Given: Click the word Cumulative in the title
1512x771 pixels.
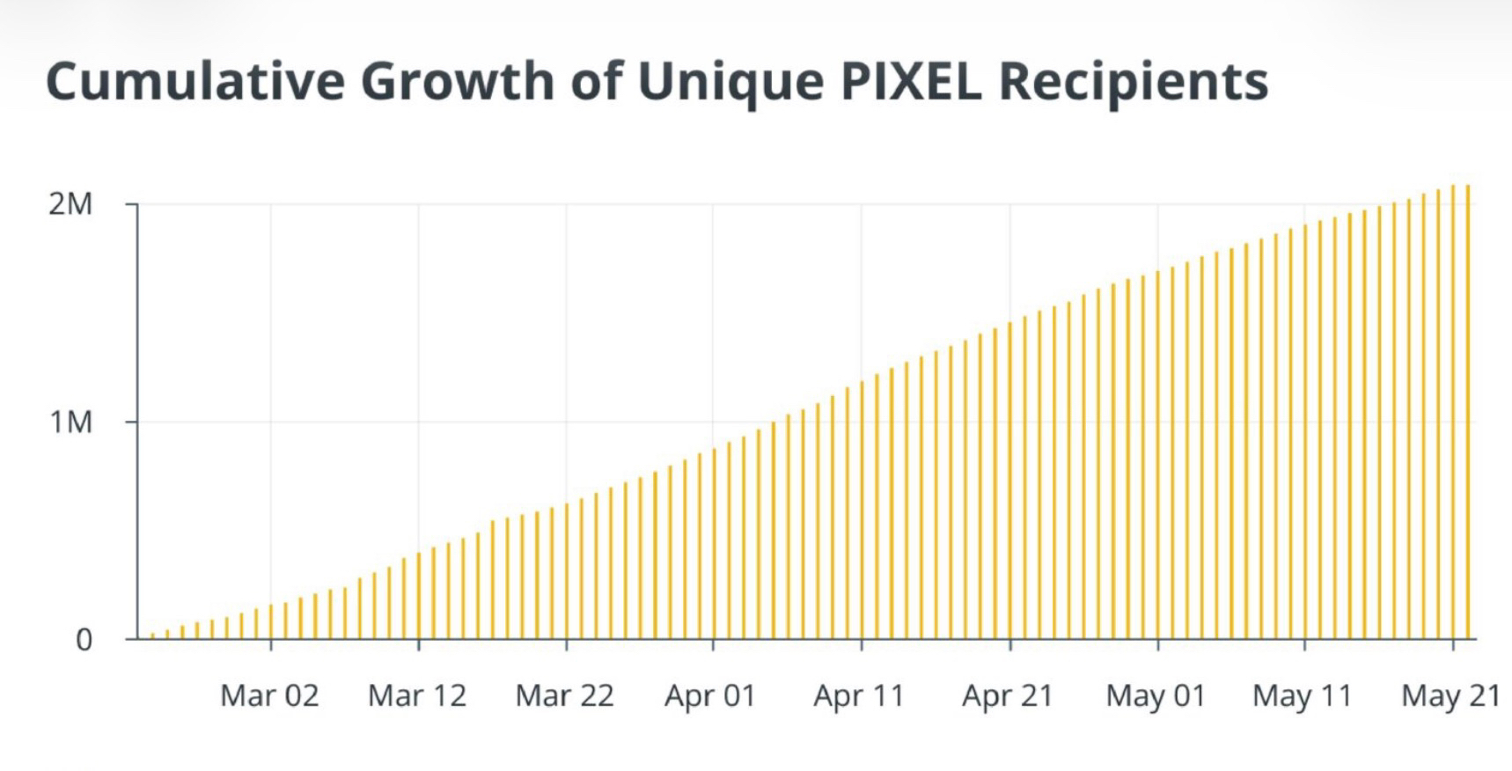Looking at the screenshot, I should [x=195, y=81].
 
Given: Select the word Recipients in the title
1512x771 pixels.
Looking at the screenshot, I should [x=1134, y=81].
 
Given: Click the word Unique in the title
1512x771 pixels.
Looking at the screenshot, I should [x=730, y=81].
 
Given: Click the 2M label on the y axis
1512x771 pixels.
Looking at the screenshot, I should [x=70, y=204].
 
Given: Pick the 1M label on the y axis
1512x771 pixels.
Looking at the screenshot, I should [x=70, y=422].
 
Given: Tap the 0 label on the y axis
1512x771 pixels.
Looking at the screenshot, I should [x=84, y=640].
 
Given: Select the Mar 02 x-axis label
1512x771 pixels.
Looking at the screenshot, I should [x=269, y=696].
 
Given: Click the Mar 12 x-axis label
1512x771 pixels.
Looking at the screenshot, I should [x=417, y=696].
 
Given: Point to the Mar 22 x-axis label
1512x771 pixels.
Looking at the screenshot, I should [x=564, y=696].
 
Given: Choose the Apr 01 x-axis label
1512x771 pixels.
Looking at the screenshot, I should [x=711, y=696].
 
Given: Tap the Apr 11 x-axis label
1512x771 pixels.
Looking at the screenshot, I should [x=859, y=696].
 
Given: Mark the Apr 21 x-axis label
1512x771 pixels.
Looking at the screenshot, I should [x=1008, y=696].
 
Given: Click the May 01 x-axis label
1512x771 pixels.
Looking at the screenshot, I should [x=1156, y=696].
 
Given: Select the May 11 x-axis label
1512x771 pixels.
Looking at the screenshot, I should [x=1303, y=696].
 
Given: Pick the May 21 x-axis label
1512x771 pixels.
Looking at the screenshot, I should [x=1450, y=696].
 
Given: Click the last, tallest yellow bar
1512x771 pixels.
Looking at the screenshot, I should [x=1468, y=414].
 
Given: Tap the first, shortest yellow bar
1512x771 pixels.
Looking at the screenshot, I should [x=152, y=635].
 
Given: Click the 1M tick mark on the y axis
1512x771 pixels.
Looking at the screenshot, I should [x=131, y=422].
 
